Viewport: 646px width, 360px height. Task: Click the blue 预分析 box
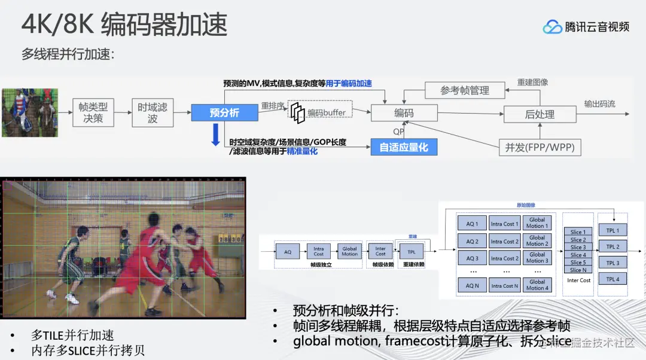click(224, 112)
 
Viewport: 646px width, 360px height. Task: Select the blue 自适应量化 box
click(404, 147)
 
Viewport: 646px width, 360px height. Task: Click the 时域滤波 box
click(153, 112)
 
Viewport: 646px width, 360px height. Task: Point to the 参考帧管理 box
click(465, 90)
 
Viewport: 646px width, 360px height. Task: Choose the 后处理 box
click(540, 114)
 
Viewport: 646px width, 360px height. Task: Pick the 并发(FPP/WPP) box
click(540, 147)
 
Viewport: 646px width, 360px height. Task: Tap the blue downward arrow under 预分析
click(215, 134)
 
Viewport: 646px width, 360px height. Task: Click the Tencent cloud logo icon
click(552, 27)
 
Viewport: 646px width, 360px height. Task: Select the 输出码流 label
click(599, 104)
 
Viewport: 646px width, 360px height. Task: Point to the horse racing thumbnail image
click(29, 112)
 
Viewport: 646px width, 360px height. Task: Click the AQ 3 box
click(472, 258)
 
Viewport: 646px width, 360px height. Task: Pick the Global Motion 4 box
click(537, 285)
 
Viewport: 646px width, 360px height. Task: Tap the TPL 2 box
click(613, 246)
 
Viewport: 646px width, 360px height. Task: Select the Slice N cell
click(578, 270)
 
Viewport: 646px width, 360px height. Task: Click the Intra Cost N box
click(504, 286)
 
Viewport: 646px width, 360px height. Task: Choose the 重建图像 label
click(532, 82)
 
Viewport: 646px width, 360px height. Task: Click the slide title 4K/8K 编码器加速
click(124, 25)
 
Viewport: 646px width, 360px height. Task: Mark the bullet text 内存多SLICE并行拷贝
click(88, 350)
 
